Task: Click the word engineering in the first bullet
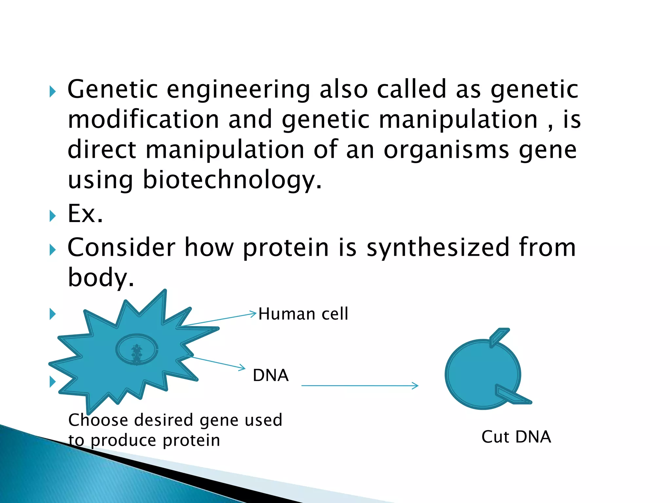238,89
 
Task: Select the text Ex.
85,214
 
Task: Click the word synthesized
438,248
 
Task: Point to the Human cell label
303,314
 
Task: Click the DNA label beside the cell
271,375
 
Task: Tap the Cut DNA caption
516,437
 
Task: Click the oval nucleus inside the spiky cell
137,349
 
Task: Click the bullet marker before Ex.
52,216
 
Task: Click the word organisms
446,150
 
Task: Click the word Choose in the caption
98,420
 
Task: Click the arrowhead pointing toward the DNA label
242,368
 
